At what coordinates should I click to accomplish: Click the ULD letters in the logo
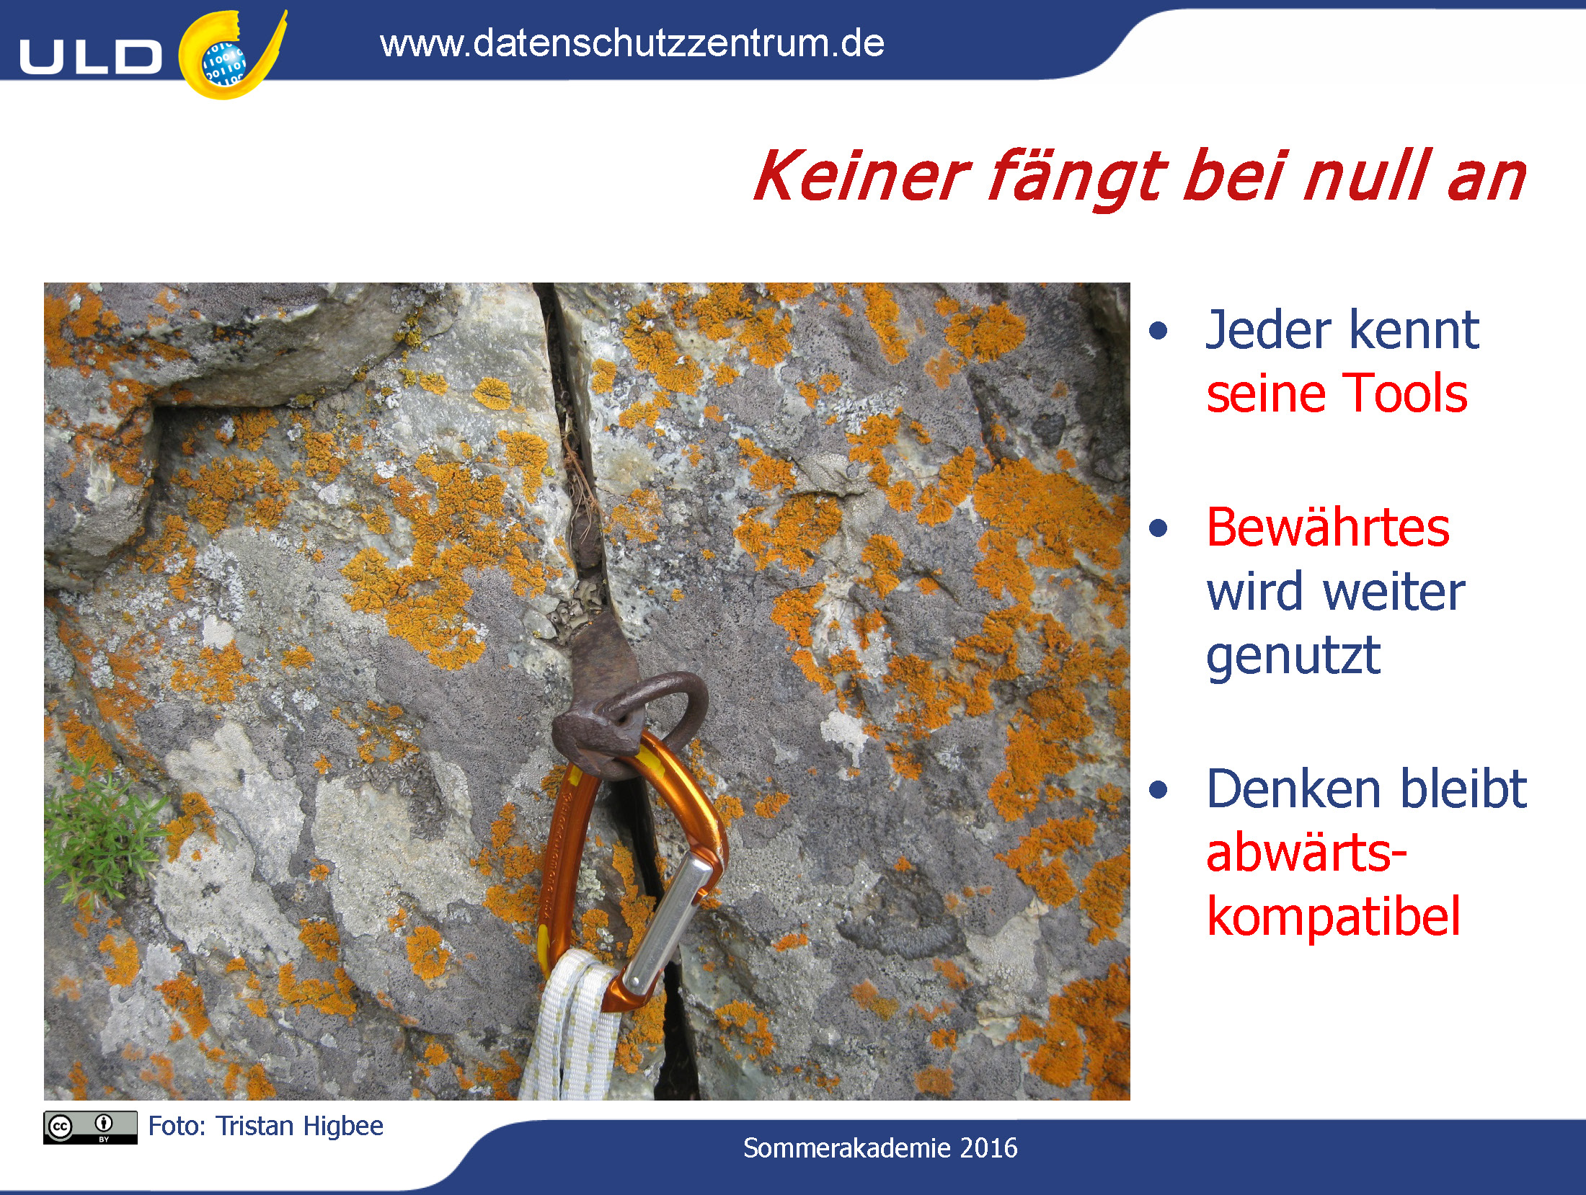pos(90,57)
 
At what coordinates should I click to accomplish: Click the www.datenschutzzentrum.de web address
pos(632,43)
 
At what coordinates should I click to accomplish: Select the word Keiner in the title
pos(861,177)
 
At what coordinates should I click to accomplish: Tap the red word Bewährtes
pos(1328,527)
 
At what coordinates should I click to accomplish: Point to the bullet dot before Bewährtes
pos(1158,528)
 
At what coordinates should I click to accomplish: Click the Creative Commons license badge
pos(90,1127)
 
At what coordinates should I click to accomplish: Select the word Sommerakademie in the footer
pos(846,1148)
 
